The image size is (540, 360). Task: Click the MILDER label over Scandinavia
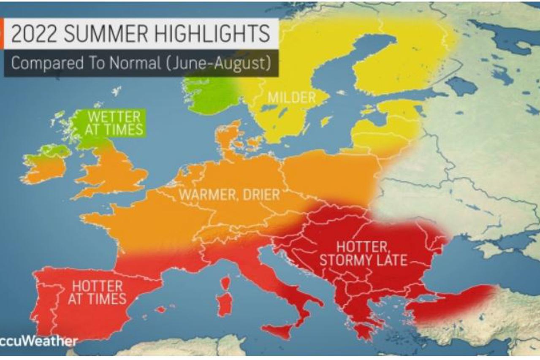pyautogui.click(x=291, y=98)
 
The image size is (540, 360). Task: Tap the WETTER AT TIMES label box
pyautogui.click(x=114, y=123)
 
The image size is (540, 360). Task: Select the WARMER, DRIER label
pyautogui.click(x=229, y=195)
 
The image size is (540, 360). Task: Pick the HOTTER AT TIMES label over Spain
pyautogui.click(x=99, y=292)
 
